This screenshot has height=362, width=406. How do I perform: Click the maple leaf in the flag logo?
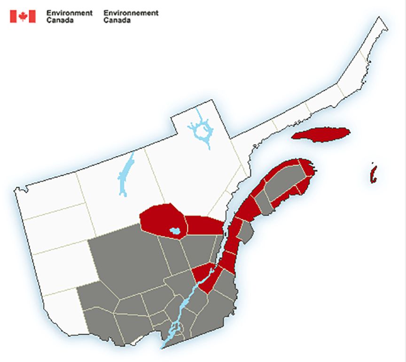click(x=23, y=16)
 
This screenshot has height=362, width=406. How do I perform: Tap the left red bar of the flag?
click(x=14, y=16)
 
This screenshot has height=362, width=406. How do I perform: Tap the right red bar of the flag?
click(x=31, y=16)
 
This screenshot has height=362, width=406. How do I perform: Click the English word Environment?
click(x=69, y=13)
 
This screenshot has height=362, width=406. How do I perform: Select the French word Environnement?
click(x=131, y=13)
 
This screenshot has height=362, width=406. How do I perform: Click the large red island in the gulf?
click(x=321, y=134)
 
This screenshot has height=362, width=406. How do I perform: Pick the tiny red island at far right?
click(x=373, y=174)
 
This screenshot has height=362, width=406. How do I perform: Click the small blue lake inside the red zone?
click(x=174, y=231)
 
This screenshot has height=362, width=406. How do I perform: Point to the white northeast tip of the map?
click(x=379, y=28)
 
